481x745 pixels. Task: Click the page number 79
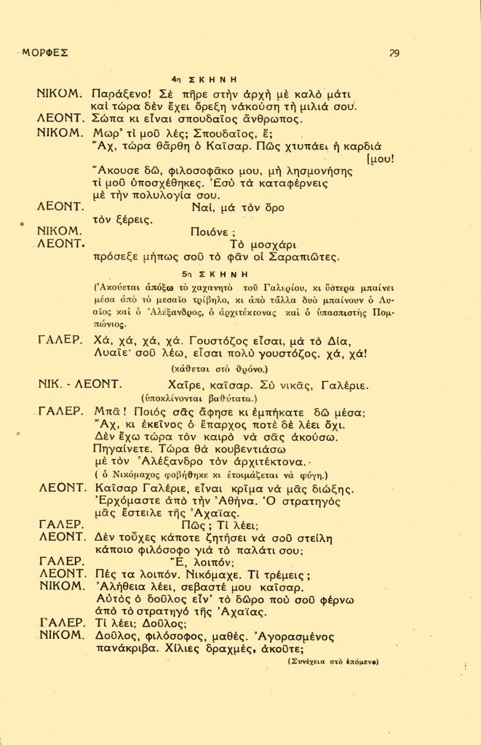pyautogui.click(x=393, y=52)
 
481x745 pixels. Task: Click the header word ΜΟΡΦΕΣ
pyautogui.click(x=45, y=52)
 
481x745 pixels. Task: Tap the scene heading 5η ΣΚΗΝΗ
pyautogui.click(x=215, y=274)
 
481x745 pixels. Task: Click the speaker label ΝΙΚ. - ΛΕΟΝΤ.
pyautogui.click(x=79, y=383)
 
